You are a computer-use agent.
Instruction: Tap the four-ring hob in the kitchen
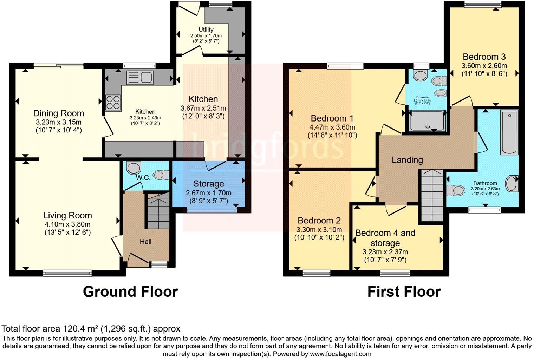click(x=113, y=103)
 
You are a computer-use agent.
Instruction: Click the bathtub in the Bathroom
click(x=509, y=132)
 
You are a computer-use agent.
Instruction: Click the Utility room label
click(x=206, y=30)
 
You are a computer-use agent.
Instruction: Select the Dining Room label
click(x=59, y=113)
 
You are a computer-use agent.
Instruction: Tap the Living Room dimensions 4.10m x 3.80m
click(x=67, y=224)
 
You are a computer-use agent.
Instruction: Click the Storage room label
click(x=208, y=184)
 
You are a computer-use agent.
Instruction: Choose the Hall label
click(x=145, y=242)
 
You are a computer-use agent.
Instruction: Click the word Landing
click(x=407, y=160)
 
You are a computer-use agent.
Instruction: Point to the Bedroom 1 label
click(x=332, y=118)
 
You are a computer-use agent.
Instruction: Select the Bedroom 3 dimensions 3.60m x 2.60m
click(x=484, y=66)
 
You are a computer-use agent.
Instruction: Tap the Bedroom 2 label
click(x=319, y=221)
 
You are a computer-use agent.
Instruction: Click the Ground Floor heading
click(x=130, y=292)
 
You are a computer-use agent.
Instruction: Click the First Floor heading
click(x=404, y=292)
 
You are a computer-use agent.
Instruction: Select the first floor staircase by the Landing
click(x=432, y=195)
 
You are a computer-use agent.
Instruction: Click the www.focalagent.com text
click(x=340, y=354)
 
